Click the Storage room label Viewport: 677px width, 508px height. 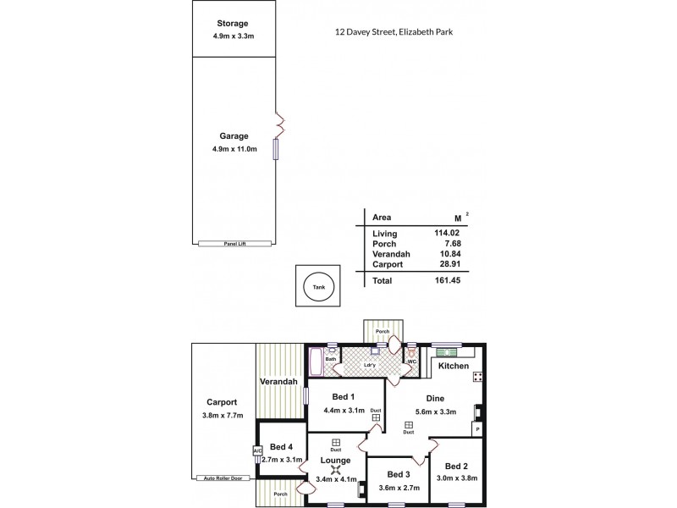233,23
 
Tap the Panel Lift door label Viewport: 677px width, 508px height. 234,243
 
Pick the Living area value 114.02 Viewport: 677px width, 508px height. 446,233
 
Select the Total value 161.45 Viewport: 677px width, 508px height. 446,279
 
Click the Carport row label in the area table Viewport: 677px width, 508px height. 387,264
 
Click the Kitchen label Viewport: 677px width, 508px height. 453,366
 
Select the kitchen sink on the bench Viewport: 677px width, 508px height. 448,351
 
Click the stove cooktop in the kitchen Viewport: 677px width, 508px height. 478,377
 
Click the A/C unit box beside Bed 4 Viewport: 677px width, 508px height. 256,451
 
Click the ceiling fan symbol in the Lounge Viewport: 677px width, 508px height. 335,472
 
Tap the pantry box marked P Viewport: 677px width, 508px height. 477,430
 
